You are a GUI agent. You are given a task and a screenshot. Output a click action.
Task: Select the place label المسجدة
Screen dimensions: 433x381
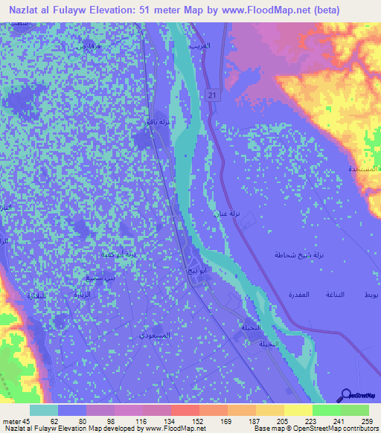(x=362, y=170)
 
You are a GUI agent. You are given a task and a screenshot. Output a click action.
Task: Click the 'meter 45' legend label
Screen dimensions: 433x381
(x=17, y=421)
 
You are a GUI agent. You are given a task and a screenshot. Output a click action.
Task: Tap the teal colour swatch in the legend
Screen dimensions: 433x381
(x=44, y=410)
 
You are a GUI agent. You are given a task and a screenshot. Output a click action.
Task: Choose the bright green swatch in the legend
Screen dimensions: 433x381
(x=326, y=410)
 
